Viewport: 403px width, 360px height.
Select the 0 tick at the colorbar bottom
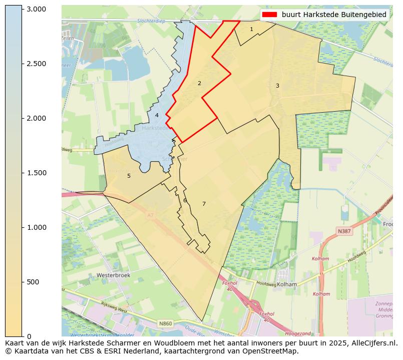coord(29,336)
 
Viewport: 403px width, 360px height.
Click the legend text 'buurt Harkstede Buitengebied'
coord(334,15)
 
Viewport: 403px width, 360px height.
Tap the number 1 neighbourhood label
coord(251,30)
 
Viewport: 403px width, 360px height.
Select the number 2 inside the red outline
coord(199,84)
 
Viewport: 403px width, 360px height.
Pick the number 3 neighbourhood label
coord(277,86)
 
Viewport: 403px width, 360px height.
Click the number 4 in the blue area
coord(157,116)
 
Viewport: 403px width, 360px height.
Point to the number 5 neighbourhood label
coord(129,176)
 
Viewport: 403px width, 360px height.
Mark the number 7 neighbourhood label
coord(204,204)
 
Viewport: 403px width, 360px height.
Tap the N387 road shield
coord(344,231)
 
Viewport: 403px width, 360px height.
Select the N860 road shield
coord(166,324)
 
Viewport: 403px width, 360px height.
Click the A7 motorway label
coord(150,216)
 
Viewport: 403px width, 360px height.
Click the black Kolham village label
coord(287,284)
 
